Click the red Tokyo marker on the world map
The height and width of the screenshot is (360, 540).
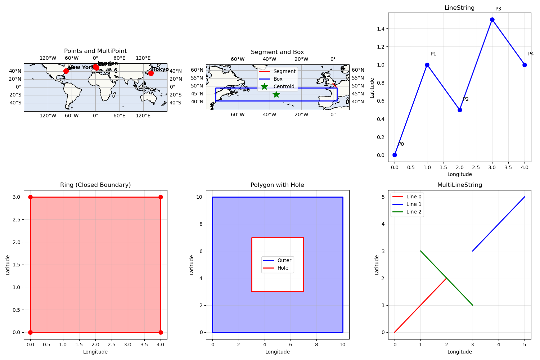pyautogui.click(x=151, y=73)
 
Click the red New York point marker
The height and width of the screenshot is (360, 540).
pyautogui.click(x=66, y=71)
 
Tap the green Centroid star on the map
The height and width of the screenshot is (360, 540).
pyautogui.click(x=276, y=94)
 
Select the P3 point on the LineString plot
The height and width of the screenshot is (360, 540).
pyautogui.click(x=492, y=20)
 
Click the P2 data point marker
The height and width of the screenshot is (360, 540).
pyautogui.click(x=460, y=110)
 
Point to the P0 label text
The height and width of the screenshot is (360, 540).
pyautogui.click(x=401, y=144)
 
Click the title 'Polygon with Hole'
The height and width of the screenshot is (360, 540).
pyautogui.click(x=277, y=185)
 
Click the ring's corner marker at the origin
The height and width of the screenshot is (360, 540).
pyautogui.click(x=30, y=332)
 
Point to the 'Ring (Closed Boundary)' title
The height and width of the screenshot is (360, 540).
pyautogui.click(x=95, y=185)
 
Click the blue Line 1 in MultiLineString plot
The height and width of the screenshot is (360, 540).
pyautogui.click(x=499, y=224)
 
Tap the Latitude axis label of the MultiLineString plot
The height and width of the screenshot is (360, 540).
pyautogui.click(x=377, y=265)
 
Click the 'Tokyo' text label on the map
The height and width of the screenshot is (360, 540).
pyautogui.click(x=161, y=69)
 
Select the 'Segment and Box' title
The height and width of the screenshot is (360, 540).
pyautogui.click(x=277, y=52)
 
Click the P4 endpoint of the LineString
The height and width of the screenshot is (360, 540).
pyautogui.click(x=525, y=65)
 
